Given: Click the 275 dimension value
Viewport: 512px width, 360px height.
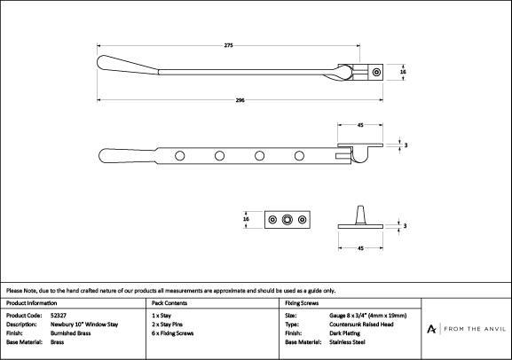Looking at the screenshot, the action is click(229, 45).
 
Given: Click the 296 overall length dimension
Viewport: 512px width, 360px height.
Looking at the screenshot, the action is click(240, 100).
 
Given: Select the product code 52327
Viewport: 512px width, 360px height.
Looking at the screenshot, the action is click(59, 316).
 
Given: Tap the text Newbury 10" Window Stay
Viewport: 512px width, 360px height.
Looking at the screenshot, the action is click(84, 325).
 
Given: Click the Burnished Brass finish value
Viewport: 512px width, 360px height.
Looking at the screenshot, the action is click(70, 333).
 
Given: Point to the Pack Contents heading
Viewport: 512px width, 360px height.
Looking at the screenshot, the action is click(169, 303).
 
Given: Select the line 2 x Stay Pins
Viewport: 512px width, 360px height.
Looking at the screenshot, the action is click(167, 325).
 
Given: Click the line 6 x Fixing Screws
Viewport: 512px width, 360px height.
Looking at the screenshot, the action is click(173, 333).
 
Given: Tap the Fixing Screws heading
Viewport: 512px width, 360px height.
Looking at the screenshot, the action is click(302, 303).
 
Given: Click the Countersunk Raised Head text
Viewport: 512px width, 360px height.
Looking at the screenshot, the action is click(361, 325).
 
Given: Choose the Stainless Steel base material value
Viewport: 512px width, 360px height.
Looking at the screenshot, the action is click(347, 342).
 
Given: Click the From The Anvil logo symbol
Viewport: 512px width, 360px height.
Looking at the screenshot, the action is click(431, 329).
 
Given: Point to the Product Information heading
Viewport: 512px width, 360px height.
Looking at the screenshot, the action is click(32, 303).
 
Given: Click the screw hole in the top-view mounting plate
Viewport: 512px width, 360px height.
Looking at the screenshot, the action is click(377, 72).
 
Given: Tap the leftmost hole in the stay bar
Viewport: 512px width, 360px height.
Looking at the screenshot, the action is click(179, 156).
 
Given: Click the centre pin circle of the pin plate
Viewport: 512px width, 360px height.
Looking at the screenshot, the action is click(287, 220).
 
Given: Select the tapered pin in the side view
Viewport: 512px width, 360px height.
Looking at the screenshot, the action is click(360, 215).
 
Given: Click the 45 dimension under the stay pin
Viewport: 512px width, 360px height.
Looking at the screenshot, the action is click(360, 248).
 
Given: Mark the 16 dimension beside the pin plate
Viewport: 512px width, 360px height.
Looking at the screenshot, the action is click(246, 219).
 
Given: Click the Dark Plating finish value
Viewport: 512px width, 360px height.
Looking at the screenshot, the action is click(345, 333).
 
